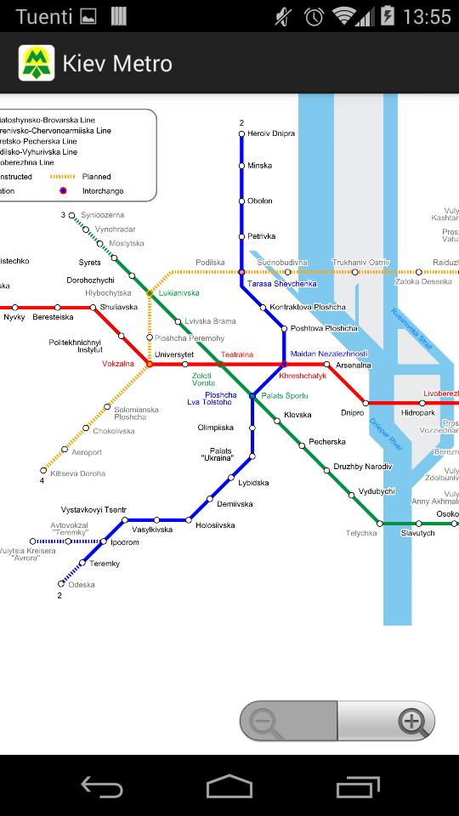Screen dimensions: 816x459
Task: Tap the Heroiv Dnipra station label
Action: pyautogui.click(x=271, y=134)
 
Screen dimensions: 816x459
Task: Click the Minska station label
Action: pyautogui.click(x=259, y=166)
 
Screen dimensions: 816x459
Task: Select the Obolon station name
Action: pyautogui.click(x=260, y=201)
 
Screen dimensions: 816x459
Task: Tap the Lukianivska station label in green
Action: pyautogui.click(x=178, y=293)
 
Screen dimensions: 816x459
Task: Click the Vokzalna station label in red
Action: pyautogui.click(x=118, y=364)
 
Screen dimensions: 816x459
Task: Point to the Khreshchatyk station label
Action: pyautogui.click(x=303, y=376)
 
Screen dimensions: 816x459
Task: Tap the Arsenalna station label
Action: pyautogui.click(x=354, y=365)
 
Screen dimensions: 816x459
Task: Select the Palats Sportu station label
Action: pyautogui.click(x=285, y=396)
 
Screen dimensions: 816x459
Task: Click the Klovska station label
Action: pyautogui.click(x=297, y=415)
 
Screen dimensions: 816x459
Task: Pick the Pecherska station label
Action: pyautogui.click(x=327, y=442)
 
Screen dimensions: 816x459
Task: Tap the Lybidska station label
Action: pyautogui.click(x=253, y=483)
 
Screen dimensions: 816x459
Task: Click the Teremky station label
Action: pyautogui.click(x=105, y=564)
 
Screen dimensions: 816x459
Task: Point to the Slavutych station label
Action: pyautogui.click(x=418, y=533)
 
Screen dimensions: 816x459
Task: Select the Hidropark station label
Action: pyautogui.click(x=418, y=412)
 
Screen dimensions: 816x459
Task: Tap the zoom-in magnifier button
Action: pyautogui.click(x=412, y=722)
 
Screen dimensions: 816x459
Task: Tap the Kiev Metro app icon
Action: pyautogui.click(x=37, y=63)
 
